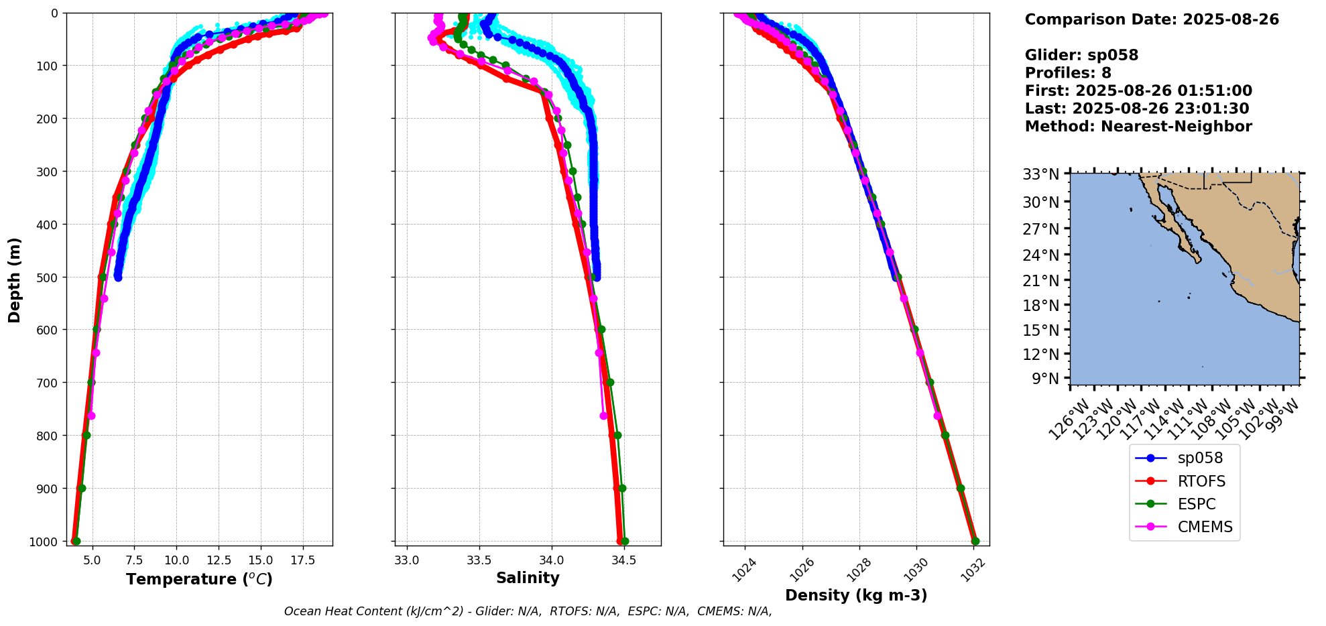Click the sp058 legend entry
[1199, 458]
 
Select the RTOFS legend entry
[1201, 481]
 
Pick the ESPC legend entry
[1196, 504]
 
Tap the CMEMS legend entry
[1205, 527]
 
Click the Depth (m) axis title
[15, 279]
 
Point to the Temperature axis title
[199, 579]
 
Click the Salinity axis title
[528, 578]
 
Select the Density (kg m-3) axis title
[856, 595]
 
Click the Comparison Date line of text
[1152, 19]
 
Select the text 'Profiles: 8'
[1068, 73]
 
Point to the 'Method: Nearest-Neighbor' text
[1138, 127]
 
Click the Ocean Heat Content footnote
[528, 611]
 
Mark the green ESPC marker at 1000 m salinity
[625, 541]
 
